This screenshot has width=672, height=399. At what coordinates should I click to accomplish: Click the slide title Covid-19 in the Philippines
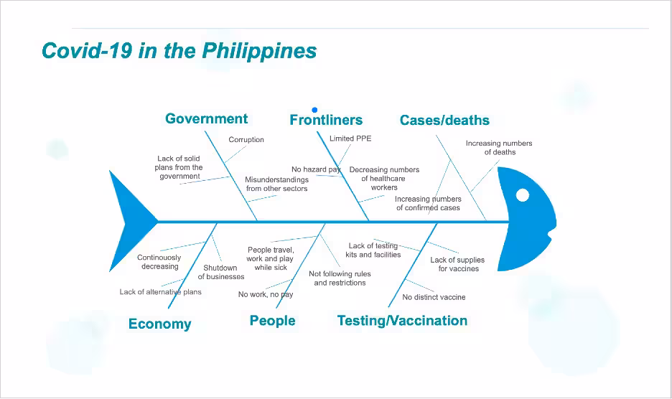[x=179, y=50]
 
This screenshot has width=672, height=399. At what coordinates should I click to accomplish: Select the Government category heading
[x=207, y=118]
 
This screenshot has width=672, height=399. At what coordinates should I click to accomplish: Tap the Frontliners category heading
[x=326, y=120]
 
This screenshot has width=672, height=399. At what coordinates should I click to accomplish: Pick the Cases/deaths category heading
[x=444, y=120]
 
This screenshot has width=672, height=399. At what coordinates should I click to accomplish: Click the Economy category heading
[x=160, y=324]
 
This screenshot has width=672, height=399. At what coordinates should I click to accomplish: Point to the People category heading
[x=273, y=321]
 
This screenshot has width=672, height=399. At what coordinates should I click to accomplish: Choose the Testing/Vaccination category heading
[x=403, y=321]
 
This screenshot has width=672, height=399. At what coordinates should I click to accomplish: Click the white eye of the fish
[x=523, y=195]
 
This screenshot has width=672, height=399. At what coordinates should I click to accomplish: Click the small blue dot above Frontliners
[x=314, y=110]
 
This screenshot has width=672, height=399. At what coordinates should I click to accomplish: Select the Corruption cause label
[x=246, y=140]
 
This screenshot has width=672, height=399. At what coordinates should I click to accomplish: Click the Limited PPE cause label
[x=350, y=139]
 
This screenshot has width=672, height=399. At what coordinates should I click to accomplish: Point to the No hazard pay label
[x=317, y=169]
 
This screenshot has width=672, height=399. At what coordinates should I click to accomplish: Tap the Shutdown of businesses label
[x=221, y=272]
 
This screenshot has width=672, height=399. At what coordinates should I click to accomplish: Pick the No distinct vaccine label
[x=434, y=297]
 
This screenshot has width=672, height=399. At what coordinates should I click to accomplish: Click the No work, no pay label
[x=266, y=294]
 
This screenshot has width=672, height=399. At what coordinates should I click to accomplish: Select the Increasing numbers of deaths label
[x=499, y=147]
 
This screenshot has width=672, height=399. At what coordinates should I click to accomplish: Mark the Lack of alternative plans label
[x=160, y=292]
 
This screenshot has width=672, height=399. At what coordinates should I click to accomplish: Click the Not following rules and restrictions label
[x=340, y=278]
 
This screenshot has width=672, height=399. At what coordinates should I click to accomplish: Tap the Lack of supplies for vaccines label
[x=458, y=264]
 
